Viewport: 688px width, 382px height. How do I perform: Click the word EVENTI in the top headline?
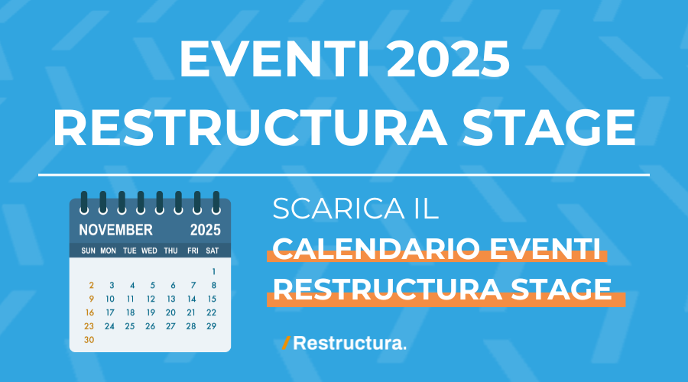click(x=274, y=59)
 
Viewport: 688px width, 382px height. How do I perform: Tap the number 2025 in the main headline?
click(x=448, y=59)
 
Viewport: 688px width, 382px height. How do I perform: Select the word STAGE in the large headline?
click(x=548, y=127)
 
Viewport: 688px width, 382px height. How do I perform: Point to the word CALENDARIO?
click(x=377, y=248)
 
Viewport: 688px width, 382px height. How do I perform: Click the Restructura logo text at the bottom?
click(x=349, y=343)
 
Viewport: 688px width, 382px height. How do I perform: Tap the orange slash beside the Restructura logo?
click(x=286, y=343)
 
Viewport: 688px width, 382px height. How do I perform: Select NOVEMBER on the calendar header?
click(x=116, y=230)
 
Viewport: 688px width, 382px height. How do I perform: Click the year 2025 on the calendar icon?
click(x=206, y=230)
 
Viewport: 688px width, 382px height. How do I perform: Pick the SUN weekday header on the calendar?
click(x=88, y=251)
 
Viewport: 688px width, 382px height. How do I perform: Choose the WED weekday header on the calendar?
click(x=149, y=251)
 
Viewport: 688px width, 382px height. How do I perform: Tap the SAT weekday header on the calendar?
click(x=213, y=251)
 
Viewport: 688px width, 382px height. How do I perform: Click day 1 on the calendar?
click(x=214, y=271)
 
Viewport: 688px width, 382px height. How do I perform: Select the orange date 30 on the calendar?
click(x=89, y=340)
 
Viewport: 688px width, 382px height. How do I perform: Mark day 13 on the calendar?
click(x=171, y=299)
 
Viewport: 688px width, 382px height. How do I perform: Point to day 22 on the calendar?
click(x=212, y=312)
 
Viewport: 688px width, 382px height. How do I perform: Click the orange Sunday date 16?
click(x=89, y=312)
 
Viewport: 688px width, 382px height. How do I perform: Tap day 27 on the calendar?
click(x=170, y=326)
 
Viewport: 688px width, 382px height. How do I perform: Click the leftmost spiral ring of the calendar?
click(x=84, y=202)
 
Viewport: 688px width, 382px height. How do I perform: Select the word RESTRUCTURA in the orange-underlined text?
click(x=388, y=290)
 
